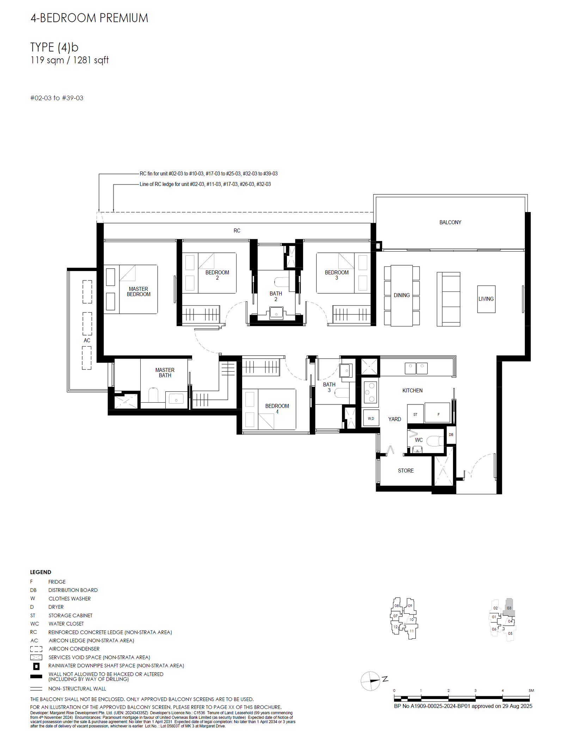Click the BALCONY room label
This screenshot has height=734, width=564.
click(450, 222)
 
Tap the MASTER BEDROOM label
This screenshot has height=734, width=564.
click(139, 291)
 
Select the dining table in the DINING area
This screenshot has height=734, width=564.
click(401, 295)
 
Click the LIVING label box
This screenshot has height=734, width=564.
click(486, 299)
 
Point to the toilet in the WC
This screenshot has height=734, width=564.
click(434, 441)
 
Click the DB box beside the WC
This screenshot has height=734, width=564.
click(451, 435)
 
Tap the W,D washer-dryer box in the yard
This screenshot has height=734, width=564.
click(371, 419)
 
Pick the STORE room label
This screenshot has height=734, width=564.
click(405, 471)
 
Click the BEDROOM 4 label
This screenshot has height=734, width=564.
click(277, 409)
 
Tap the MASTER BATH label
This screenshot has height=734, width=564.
click(165, 373)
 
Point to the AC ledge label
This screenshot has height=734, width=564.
click(87, 341)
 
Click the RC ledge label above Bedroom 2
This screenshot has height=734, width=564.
click(237, 231)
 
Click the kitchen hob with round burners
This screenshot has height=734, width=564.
click(370, 392)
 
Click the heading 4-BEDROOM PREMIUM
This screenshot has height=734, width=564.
click(89, 18)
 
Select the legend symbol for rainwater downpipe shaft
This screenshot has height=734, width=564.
click(36, 666)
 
